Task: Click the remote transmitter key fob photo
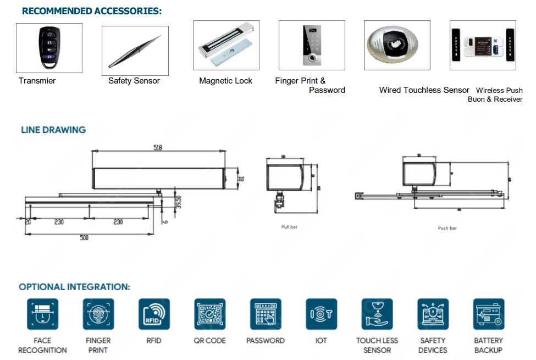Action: click(x=49, y=48)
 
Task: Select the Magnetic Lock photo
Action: click(x=226, y=45)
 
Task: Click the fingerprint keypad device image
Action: click(x=312, y=45)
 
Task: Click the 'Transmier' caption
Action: click(x=37, y=81)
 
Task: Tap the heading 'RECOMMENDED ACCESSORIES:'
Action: click(x=92, y=11)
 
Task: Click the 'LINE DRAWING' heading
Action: click(x=53, y=130)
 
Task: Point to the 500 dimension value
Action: click(x=84, y=237)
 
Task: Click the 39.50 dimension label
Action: click(x=178, y=202)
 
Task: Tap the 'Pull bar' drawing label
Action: click(x=289, y=227)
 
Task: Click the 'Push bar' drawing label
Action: click(x=447, y=228)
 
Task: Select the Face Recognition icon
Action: click(x=42, y=314)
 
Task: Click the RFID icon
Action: click(x=154, y=314)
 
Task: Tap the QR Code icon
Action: click(x=209, y=314)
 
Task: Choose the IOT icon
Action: click(x=321, y=314)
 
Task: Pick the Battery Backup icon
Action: click(x=488, y=314)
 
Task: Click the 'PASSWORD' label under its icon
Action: click(x=266, y=341)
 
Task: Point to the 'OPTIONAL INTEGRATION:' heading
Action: click(x=74, y=287)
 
